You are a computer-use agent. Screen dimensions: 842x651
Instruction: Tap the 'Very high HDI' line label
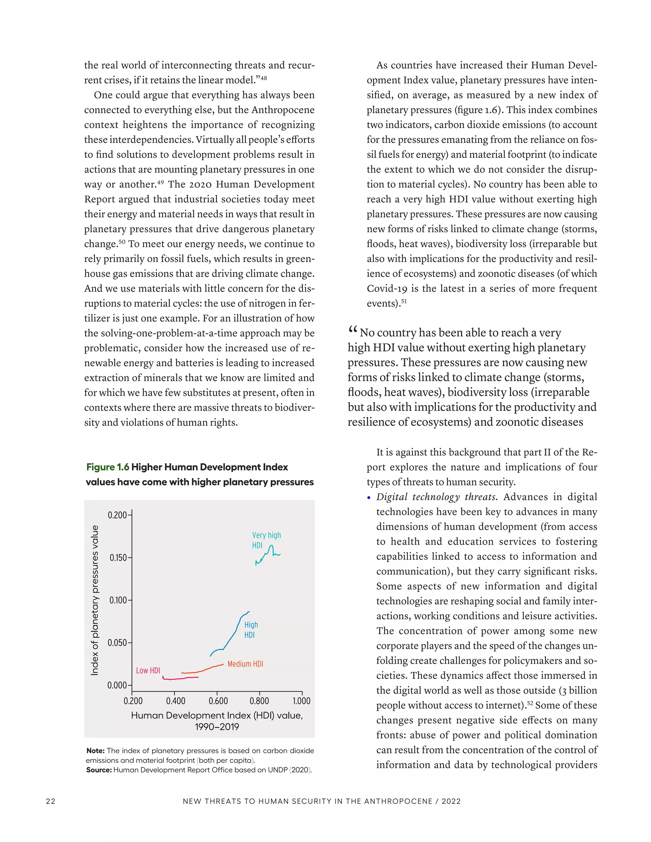coord(266,540)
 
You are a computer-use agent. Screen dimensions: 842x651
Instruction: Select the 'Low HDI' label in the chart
coord(148,670)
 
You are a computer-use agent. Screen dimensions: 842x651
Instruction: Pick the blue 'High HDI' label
coord(251,629)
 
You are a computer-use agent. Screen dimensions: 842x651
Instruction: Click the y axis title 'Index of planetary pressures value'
coord(94,600)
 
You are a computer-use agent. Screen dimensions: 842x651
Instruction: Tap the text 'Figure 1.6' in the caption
coord(108,467)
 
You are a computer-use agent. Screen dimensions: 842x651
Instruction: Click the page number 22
coord(51,801)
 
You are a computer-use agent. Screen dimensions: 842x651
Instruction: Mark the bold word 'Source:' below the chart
coord(99,770)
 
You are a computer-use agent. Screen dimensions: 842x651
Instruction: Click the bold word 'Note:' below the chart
coord(95,750)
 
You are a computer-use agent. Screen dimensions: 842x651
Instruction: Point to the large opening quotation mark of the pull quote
coord(353,330)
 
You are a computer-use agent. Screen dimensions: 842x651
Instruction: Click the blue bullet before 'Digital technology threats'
coord(369,498)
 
